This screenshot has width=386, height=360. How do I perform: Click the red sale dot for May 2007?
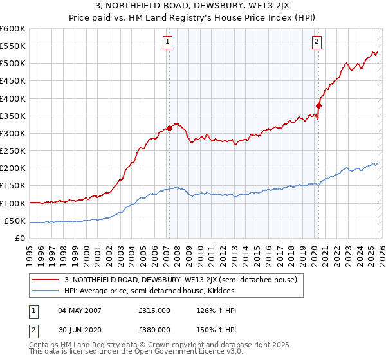click(x=169, y=128)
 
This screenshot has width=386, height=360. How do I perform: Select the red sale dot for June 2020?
click(x=318, y=105)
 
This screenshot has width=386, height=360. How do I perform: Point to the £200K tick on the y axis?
click(x=13, y=168)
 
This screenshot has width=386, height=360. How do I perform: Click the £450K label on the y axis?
click(x=13, y=81)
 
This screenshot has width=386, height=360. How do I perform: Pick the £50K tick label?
click(x=15, y=221)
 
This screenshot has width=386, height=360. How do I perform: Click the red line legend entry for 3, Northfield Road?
click(x=180, y=280)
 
